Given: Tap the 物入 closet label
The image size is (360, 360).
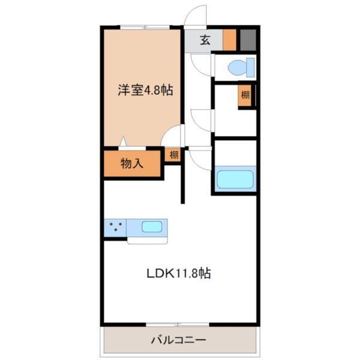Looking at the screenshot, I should (x=132, y=163).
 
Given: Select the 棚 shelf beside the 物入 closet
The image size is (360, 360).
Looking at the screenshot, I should (x=173, y=155).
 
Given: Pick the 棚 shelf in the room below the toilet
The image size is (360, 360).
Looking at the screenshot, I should (x=245, y=95).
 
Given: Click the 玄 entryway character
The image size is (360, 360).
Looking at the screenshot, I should (x=205, y=41).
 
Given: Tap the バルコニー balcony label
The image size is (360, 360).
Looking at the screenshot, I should (x=178, y=340).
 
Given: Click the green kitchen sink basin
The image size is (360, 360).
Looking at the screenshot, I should (x=151, y=227).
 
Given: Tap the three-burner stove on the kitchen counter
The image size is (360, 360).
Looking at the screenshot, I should (x=116, y=227).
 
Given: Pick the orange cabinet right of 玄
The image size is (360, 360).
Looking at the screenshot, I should (x=229, y=39).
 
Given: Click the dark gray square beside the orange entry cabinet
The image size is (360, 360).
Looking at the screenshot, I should (x=247, y=39).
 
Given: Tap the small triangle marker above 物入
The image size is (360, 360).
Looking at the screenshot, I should (x=123, y=141).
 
